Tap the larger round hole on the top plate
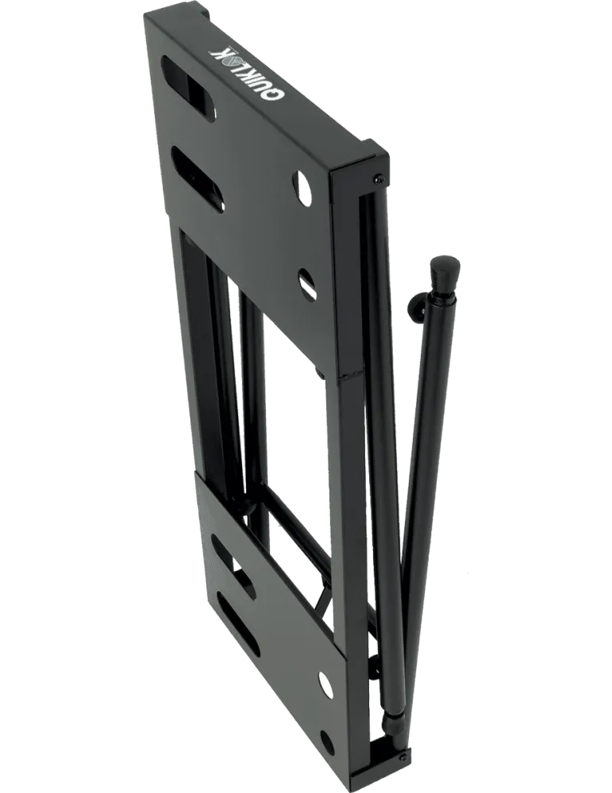click(x=305, y=190)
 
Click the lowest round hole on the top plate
click(x=307, y=284)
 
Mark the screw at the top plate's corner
click(x=378, y=178)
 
